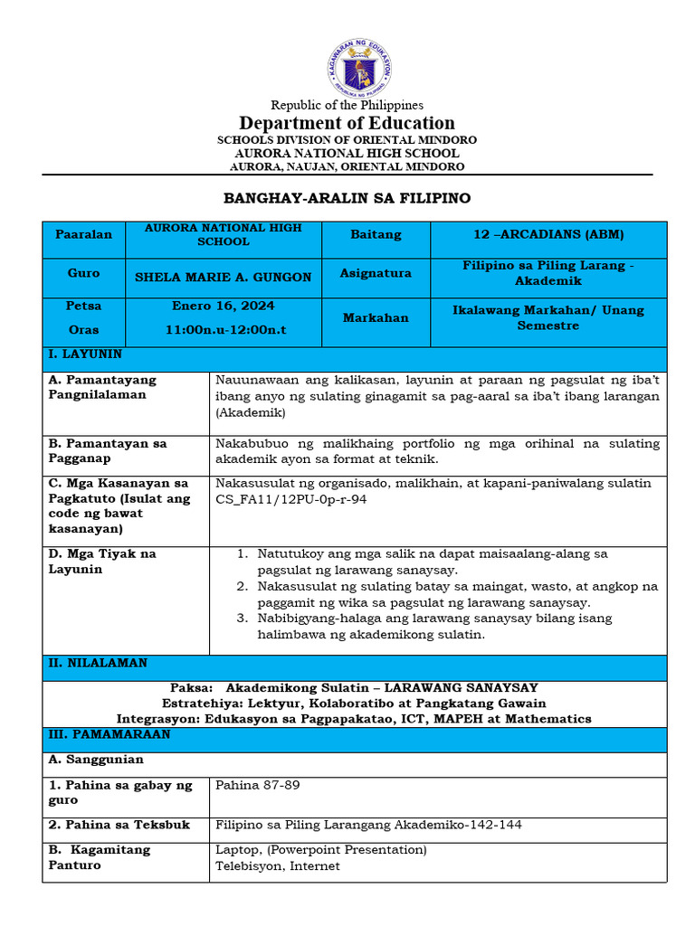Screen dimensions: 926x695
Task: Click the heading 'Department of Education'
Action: click(x=347, y=123)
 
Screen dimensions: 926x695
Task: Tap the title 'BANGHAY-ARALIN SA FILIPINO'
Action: click(x=347, y=198)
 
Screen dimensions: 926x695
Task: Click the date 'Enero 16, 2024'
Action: click(x=224, y=307)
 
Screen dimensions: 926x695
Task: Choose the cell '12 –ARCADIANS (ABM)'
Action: click(x=548, y=235)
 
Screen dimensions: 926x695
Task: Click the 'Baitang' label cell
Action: click(x=376, y=235)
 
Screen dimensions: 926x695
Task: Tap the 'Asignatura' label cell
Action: click(x=376, y=273)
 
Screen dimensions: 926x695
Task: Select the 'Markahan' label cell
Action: click(x=376, y=318)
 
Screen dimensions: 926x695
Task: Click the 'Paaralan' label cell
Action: click(x=83, y=235)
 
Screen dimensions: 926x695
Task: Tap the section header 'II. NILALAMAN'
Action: click(x=97, y=663)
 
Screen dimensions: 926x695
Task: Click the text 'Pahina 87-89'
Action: click(x=257, y=785)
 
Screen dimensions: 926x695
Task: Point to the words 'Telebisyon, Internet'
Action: click(x=277, y=866)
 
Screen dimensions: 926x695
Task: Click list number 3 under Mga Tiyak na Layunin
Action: click(x=243, y=619)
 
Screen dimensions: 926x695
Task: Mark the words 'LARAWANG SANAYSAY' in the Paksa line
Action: click(x=460, y=688)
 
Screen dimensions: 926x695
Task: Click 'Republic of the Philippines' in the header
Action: click(x=347, y=105)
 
